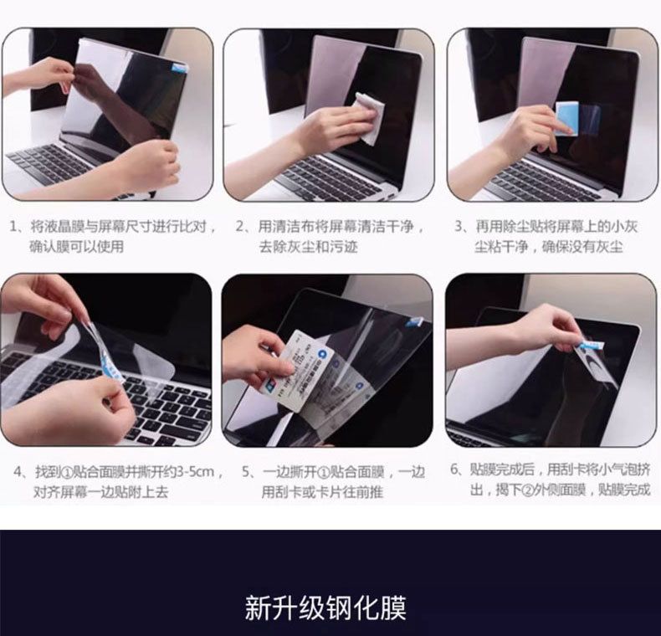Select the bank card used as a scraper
[306, 370]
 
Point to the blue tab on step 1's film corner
[179, 67]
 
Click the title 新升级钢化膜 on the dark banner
[325, 608]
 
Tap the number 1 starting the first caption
[13, 227]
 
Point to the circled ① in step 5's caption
[322, 472]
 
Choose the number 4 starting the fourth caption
[18, 471]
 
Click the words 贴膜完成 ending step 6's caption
[624, 490]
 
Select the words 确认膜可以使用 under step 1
[76, 246]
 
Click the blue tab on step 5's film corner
[414, 322]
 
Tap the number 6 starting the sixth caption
[454, 469]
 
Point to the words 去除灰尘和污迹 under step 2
[308, 246]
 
